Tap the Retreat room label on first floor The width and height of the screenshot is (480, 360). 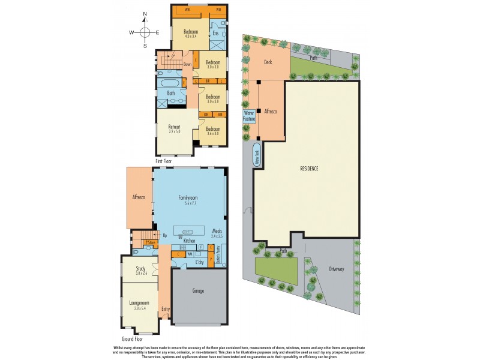(x=175, y=127)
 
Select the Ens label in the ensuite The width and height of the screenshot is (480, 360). (x=215, y=34)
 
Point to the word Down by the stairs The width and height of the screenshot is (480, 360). (x=187, y=64)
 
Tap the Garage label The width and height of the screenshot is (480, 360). (x=198, y=291)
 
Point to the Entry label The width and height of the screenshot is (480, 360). (x=165, y=310)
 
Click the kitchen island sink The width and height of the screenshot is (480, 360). (x=187, y=232)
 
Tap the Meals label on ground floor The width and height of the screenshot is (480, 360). (x=217, y=229)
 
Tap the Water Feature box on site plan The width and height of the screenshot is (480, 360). (x=249, y=116)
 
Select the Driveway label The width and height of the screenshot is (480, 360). (x=336, y=269)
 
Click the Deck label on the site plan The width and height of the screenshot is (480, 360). (x=268, y=61)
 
